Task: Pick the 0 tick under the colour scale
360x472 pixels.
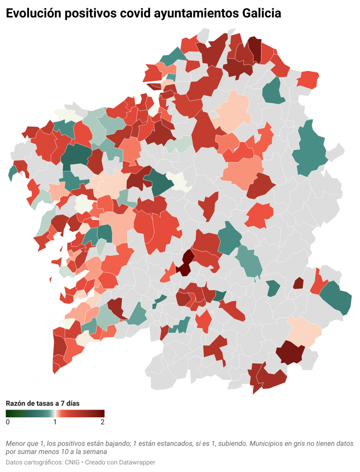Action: pos(8,422)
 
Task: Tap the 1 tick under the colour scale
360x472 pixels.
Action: pos(55,422)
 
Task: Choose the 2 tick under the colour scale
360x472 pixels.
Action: pos(102,422)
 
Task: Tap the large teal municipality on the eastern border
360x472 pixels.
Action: pos(310,149)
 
